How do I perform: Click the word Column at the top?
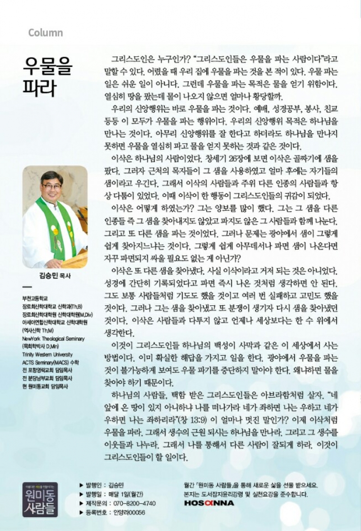point(45,33)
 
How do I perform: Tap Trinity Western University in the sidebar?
point(47,354)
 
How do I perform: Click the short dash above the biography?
point(27,287)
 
